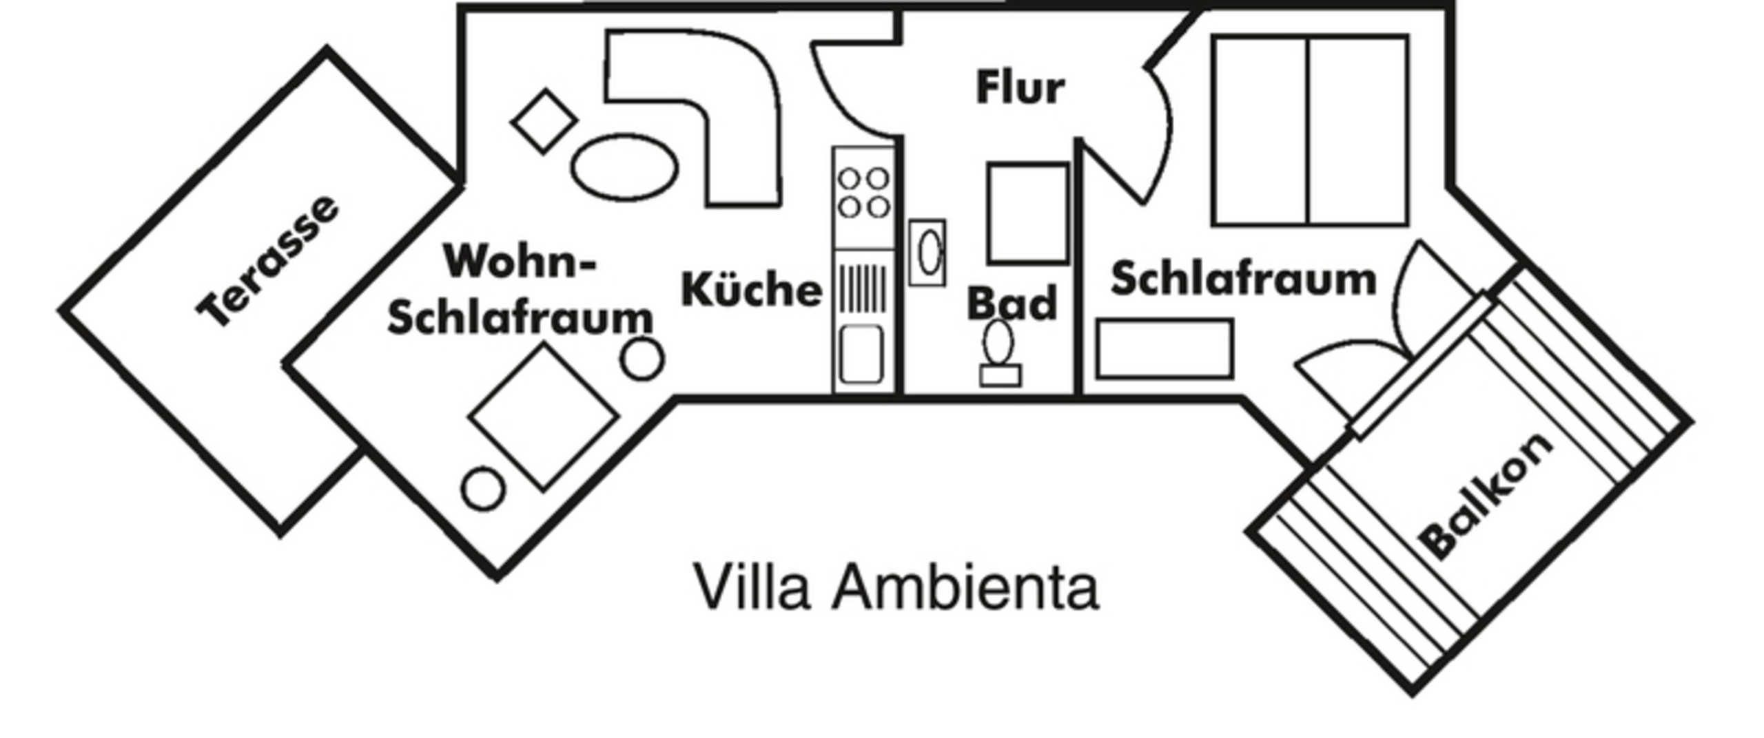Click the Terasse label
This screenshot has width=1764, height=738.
click(268, 261)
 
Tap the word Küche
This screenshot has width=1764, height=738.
click(752, 290)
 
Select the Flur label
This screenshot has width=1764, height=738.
click(1020, 88)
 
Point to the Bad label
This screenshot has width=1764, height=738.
click(1012, 304)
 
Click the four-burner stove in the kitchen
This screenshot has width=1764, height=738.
click(863, 193)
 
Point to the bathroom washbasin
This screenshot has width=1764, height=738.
click(928, 253)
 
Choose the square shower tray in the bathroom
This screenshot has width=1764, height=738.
click(1027, 213)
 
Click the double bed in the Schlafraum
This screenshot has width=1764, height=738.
click(1309, 131)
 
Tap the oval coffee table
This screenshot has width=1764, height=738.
click(625, 167)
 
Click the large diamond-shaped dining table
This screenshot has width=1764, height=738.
click(543, 417)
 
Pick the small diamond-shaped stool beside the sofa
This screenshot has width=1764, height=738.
click(544, 121)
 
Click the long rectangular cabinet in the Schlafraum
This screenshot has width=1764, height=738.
click(1165, 348)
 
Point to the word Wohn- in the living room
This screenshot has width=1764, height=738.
click(520, 262)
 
